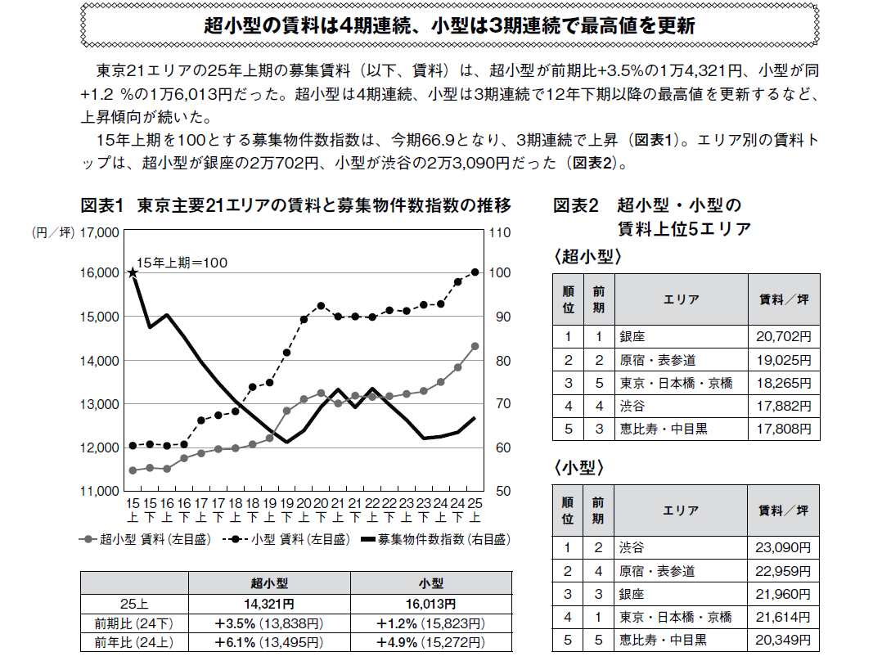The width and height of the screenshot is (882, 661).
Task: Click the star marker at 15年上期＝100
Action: pyautogui.click(x=132, y=272)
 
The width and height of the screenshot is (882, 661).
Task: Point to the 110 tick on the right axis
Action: pyautogui.click(x=498, y=232)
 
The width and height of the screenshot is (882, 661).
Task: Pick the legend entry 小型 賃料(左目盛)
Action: pyautogui.click(x=290, y=539)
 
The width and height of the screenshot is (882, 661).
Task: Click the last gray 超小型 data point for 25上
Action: pyautogui.click(x=475, y=346)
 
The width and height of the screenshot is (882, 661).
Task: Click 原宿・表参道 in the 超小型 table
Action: pyautogui.click(x=657, y=359)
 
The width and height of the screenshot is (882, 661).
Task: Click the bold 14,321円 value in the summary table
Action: pyautogui.click(x=269, y=604)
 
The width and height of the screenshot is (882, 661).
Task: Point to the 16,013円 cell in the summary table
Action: pyautogui.click(x=430, y=604)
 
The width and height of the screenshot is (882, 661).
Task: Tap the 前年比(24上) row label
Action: pyautogui.click(x=133, y=642)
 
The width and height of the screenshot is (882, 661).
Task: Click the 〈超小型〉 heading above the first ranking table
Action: pyautogui.click(x=587, y=257)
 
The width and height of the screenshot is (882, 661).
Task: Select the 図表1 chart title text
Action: pyautogui.click(x=295, y=205)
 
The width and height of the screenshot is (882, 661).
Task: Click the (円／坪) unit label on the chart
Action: pyautogui.click(x=52, y=232)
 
